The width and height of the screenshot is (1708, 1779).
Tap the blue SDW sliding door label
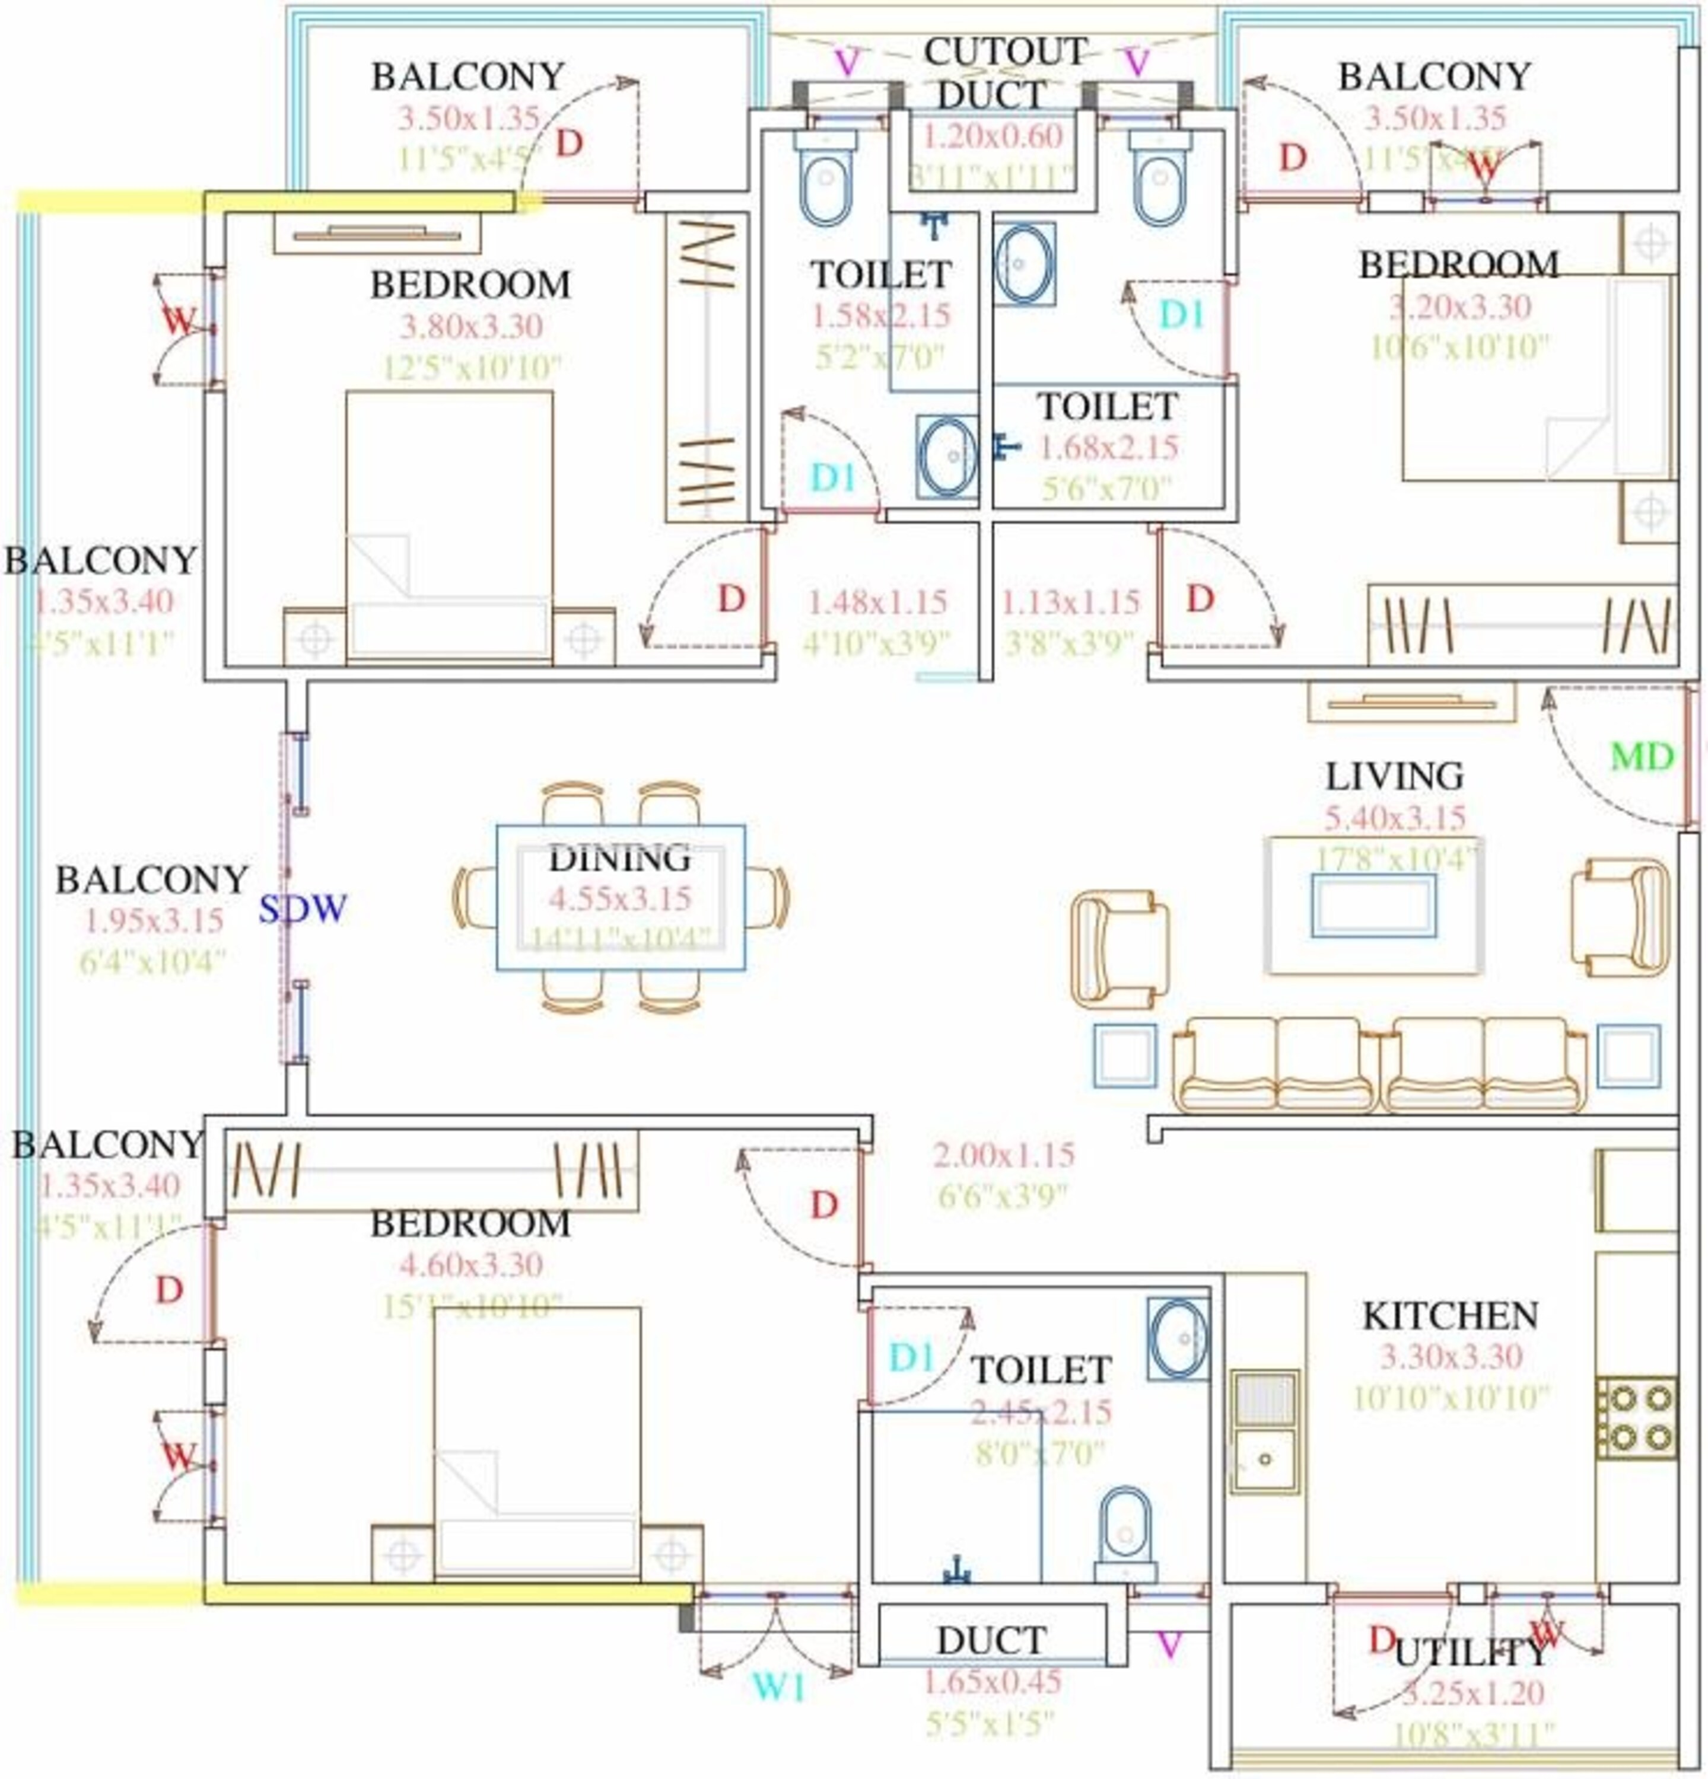303,908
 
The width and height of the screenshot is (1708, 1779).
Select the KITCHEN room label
1450,1315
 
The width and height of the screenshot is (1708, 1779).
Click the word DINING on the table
619,857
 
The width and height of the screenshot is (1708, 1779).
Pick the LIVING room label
1395,776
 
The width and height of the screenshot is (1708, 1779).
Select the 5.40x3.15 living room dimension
1395,818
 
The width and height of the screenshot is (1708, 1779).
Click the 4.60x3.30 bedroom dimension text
470,1264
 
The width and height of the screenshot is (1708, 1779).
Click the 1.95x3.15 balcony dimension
154,920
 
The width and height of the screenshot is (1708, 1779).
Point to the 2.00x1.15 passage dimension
1003,1155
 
